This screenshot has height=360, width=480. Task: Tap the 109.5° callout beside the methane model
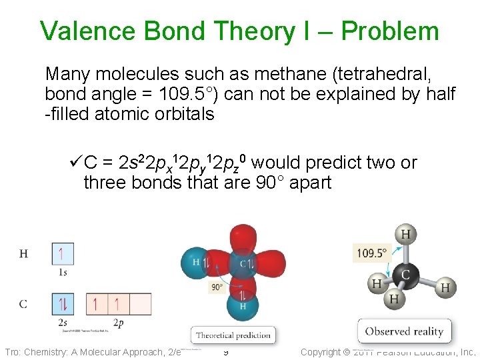(371, 253)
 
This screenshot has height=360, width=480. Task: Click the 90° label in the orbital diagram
(217, 288)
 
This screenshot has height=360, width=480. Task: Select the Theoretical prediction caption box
(233, 335)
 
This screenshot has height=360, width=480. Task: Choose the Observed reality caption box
(404, 331)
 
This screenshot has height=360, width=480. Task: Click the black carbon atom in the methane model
(405, 274)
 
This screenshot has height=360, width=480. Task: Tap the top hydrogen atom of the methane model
(405, 235)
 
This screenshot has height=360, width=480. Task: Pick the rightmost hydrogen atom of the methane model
(445, 287)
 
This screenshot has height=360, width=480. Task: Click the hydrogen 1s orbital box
(62, 254)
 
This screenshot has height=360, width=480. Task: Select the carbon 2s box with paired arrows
(62, 305)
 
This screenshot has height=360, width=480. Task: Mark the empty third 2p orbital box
(140, 305)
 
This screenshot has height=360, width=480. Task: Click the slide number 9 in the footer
(226, 352)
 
